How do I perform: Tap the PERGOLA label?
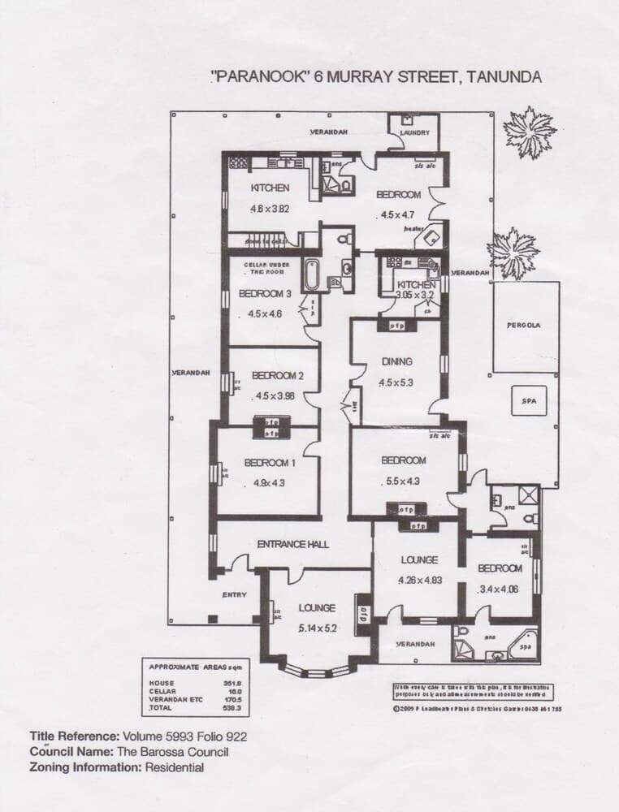[x=526, y=325]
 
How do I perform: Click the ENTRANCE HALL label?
[x=292, y=544]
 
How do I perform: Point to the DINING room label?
[x=396, y=361]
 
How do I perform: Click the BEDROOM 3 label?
[x=265, y=294]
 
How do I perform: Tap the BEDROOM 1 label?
[x=270, y=463]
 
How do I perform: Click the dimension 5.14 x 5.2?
[x=317, y=628]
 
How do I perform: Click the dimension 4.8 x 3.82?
[x=271, y=209]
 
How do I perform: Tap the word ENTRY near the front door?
[x=234, y=595]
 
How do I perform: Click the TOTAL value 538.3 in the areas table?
[x=233, y=709]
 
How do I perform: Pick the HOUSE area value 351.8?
[x=233, y=684]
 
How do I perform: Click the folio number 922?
[x=235, y=737]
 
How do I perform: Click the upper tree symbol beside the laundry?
[x=529, y=132]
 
